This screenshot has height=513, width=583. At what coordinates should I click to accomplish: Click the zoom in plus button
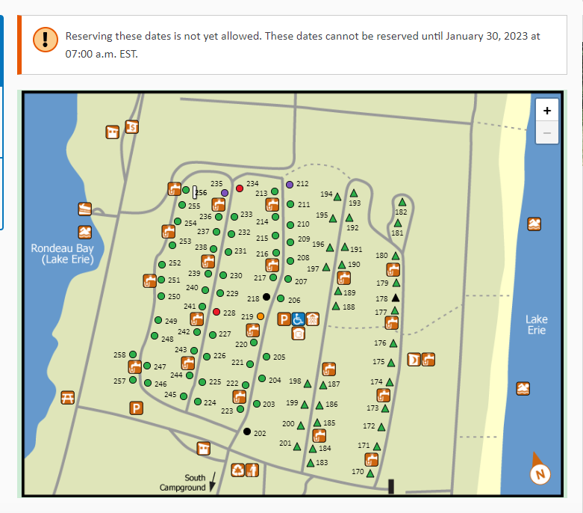pos(547,110)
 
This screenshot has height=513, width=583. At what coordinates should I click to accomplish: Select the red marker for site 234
pos(240,188)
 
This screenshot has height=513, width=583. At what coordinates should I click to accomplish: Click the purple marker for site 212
pos(290,184)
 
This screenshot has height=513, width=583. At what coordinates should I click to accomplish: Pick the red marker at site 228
pos(216,312)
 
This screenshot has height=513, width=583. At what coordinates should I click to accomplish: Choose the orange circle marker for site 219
pos(260,316)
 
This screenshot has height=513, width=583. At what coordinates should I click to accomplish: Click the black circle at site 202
pos(247,431)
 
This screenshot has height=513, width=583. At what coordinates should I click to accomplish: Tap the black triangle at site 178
pos(396,298)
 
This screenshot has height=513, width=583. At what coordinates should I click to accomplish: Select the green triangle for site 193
pos(354,194)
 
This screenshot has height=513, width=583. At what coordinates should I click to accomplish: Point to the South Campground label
pos(184,482)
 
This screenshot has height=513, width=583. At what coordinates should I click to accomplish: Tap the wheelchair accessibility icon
pos(297,319)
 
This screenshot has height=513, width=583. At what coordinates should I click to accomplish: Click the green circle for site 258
pos(133,354)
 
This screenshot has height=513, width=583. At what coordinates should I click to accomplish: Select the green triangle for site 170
pos(371,471)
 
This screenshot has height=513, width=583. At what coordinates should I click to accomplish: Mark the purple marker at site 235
pos(224,193)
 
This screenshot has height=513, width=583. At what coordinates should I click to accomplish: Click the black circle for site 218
pos(266,297)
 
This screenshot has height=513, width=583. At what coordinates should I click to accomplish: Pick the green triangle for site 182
pos(402,202)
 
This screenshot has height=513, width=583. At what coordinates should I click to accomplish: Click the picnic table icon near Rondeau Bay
pos(67,398)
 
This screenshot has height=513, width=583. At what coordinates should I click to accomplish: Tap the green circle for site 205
pos(266,357)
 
